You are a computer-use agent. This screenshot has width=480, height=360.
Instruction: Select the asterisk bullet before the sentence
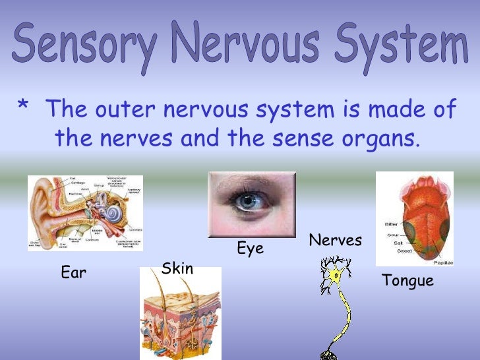24,107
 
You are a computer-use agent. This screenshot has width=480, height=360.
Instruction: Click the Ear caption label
73,272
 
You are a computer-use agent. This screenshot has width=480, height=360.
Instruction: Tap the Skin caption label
177,269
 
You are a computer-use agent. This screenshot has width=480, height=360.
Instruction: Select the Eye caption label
250,249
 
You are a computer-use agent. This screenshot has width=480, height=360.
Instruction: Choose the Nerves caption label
335,241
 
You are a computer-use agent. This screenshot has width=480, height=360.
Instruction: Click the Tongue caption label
407,281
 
